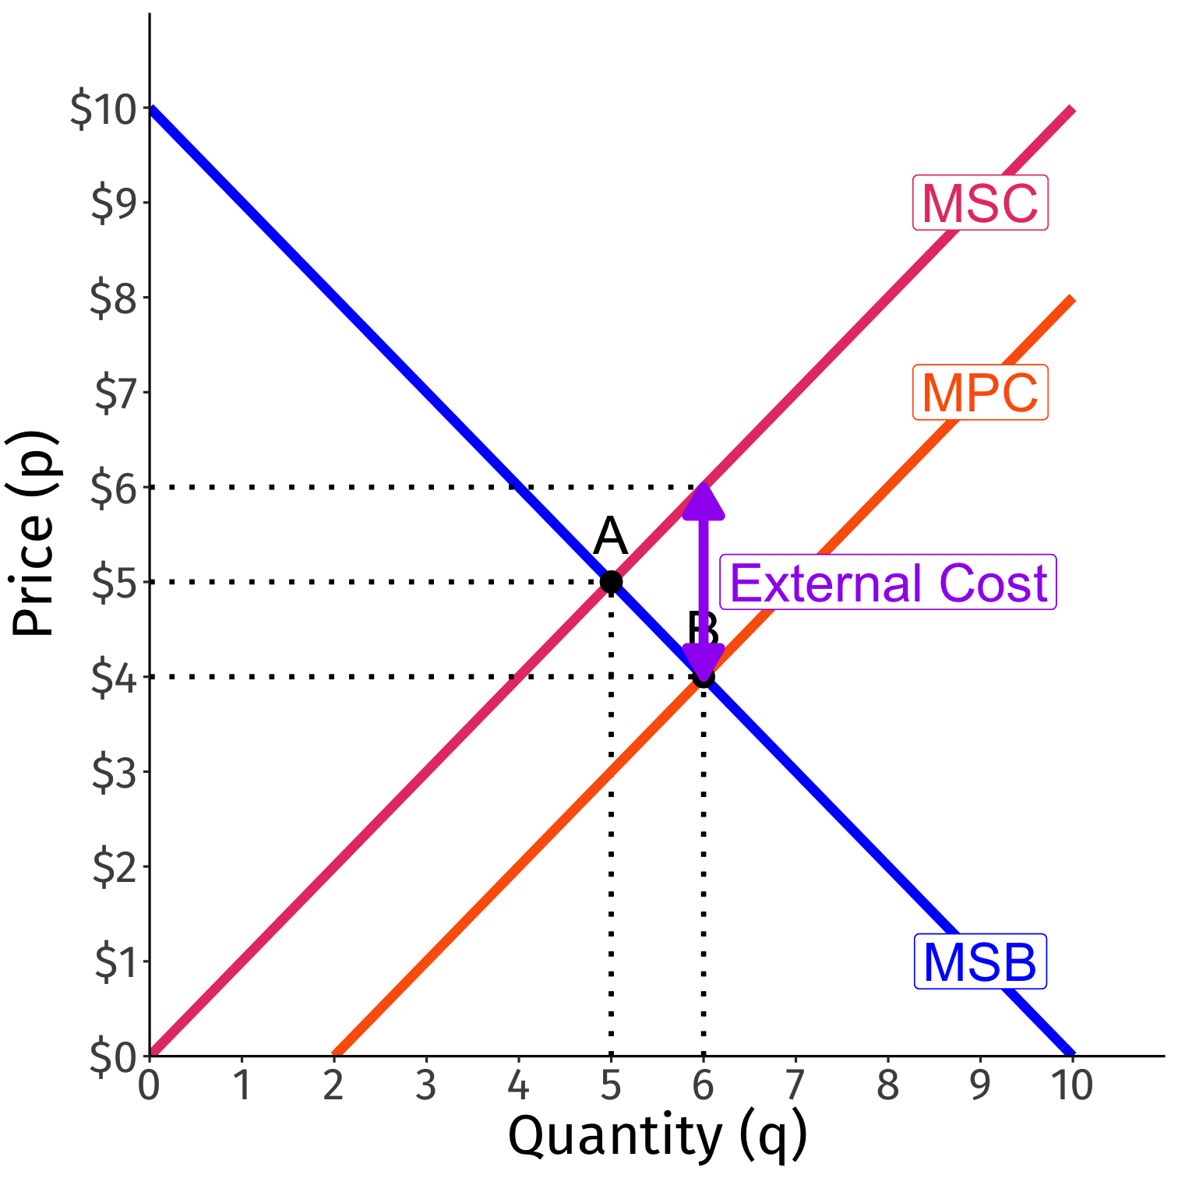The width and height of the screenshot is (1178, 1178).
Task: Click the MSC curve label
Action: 980,203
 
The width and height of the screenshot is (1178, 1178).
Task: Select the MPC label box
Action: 980,393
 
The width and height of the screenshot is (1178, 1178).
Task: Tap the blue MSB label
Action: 980,962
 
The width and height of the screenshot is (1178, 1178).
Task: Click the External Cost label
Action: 888,583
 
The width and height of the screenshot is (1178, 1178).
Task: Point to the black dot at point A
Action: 611,582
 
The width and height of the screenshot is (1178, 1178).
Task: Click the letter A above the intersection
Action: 610,537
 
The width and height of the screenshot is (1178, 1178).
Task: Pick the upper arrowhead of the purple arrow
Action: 704,503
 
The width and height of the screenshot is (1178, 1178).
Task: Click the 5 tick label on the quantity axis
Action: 611,1085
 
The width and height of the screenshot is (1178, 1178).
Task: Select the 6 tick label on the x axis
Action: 703,1085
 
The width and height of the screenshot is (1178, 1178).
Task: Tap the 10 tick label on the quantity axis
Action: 1072,1085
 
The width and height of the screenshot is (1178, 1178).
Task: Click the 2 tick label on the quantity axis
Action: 333,1085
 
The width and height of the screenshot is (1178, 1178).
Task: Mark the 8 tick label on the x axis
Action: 887,1085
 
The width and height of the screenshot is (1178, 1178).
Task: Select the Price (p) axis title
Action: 33,534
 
